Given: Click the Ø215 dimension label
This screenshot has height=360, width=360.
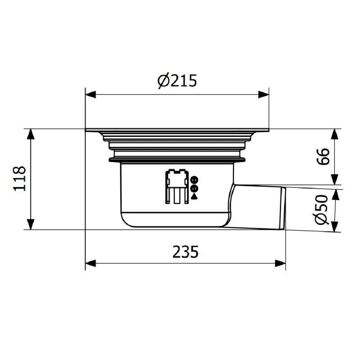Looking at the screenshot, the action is [x=177, y=81].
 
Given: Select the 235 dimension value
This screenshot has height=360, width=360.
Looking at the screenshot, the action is [x=185, y=252].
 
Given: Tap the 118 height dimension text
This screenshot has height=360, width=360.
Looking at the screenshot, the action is [x=19, y=179].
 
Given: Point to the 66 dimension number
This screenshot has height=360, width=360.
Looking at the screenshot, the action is [x=323, y=156].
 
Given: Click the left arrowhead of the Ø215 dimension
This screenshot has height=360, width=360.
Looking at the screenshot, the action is [x=90, y=94].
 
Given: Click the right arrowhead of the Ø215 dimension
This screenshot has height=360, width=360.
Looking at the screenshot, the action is [x=264, y=94].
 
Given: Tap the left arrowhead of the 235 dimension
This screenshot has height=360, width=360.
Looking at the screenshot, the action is [x=90, y=263].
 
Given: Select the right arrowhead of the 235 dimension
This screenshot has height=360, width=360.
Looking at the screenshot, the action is [x=280, y=263].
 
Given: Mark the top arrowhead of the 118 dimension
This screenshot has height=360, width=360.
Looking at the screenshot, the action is [x=31, y=134].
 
